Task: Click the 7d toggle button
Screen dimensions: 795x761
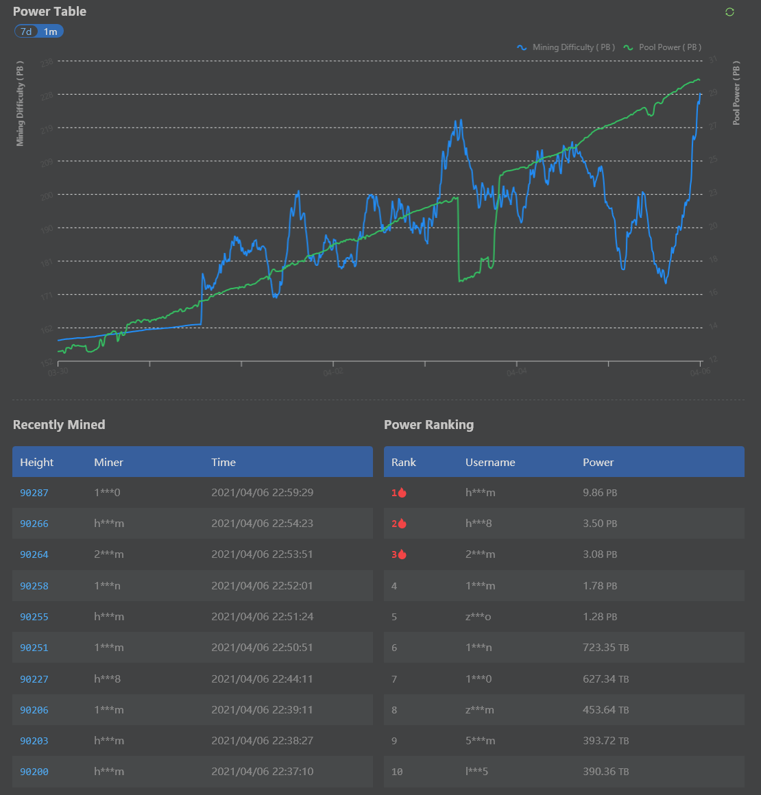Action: (26, 32)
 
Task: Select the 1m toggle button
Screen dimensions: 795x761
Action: (51, 32)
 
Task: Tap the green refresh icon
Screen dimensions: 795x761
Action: (729, 12)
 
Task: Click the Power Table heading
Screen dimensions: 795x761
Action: (49, 12)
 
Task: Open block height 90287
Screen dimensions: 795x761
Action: (34, 493)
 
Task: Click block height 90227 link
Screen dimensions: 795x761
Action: (34, 679)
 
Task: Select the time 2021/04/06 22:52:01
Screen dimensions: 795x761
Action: (262, 586)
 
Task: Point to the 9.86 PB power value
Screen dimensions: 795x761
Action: (600, 493)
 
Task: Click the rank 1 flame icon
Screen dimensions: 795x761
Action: (402, 493)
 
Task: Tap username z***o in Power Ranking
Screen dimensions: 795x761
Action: (479, 617)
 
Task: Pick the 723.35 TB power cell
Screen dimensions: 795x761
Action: (606, 648)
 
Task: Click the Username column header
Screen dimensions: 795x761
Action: (490, 463)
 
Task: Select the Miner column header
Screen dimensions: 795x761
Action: (108, 463)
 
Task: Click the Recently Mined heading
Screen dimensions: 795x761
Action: (59, 425)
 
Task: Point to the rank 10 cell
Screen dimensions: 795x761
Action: (397, 772)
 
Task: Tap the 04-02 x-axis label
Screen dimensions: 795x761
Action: (333, 372)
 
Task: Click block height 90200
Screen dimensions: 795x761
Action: (34, 772)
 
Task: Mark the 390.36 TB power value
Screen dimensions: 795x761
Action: (606, 772)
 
